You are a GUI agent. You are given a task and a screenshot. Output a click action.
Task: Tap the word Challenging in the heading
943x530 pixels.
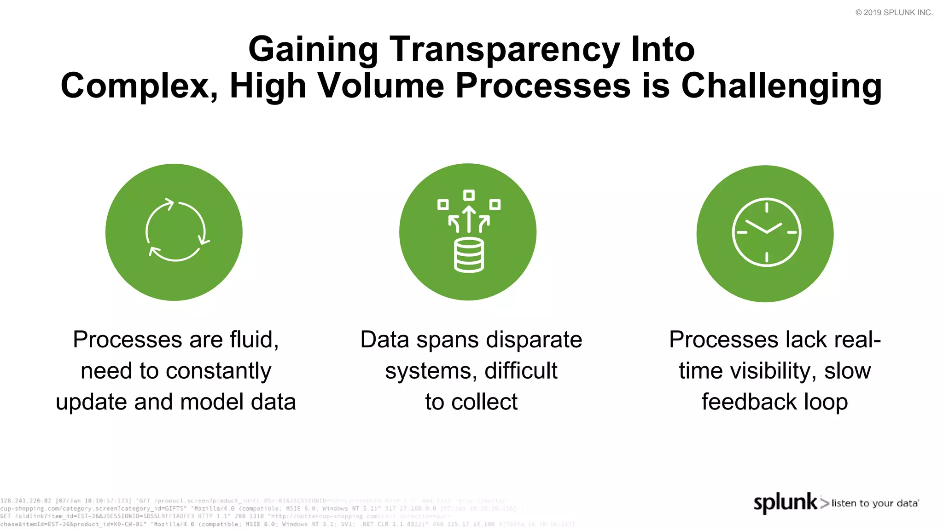click(781, 86)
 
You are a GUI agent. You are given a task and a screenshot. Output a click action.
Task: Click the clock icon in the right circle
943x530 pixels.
click(766, 232)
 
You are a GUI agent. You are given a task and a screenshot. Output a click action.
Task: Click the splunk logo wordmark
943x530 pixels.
click(786, 502)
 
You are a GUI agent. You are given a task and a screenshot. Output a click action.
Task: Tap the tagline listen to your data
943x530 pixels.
click(875, 503)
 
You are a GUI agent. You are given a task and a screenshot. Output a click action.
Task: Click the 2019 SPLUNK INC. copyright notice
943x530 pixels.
click(894, 12)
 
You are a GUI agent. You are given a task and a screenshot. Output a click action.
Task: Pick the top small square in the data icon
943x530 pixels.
click(469, 195)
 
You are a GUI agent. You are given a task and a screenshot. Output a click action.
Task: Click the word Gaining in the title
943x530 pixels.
click(313, 50)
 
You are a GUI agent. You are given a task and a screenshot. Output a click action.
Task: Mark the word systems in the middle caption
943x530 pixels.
click(428, 371)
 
